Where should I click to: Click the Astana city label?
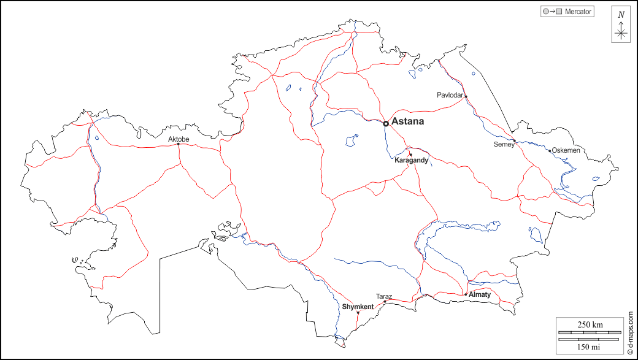pos(407,121)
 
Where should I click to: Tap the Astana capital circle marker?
pos(385,123)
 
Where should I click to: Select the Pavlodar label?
pos(450,95)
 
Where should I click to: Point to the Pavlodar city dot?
pos(466,96)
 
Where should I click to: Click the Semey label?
pos(503,145)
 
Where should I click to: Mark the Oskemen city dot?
pos(550,150)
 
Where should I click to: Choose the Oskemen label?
pos(566,150)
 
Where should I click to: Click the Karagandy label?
pos(411,160)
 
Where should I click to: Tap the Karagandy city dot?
pos(410,154)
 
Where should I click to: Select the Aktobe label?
pos(179,140)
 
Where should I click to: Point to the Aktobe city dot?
pos(179,145)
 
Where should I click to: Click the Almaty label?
pos(480,294)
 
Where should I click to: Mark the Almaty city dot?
pos(466,294)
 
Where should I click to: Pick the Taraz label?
pos(384,296)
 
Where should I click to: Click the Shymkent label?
pos(358,307)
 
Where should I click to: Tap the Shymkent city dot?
pos(358,313)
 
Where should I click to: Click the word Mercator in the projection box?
pos(578,11)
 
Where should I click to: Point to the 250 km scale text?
pos(590,324)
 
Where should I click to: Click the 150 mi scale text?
pos(590,347)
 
